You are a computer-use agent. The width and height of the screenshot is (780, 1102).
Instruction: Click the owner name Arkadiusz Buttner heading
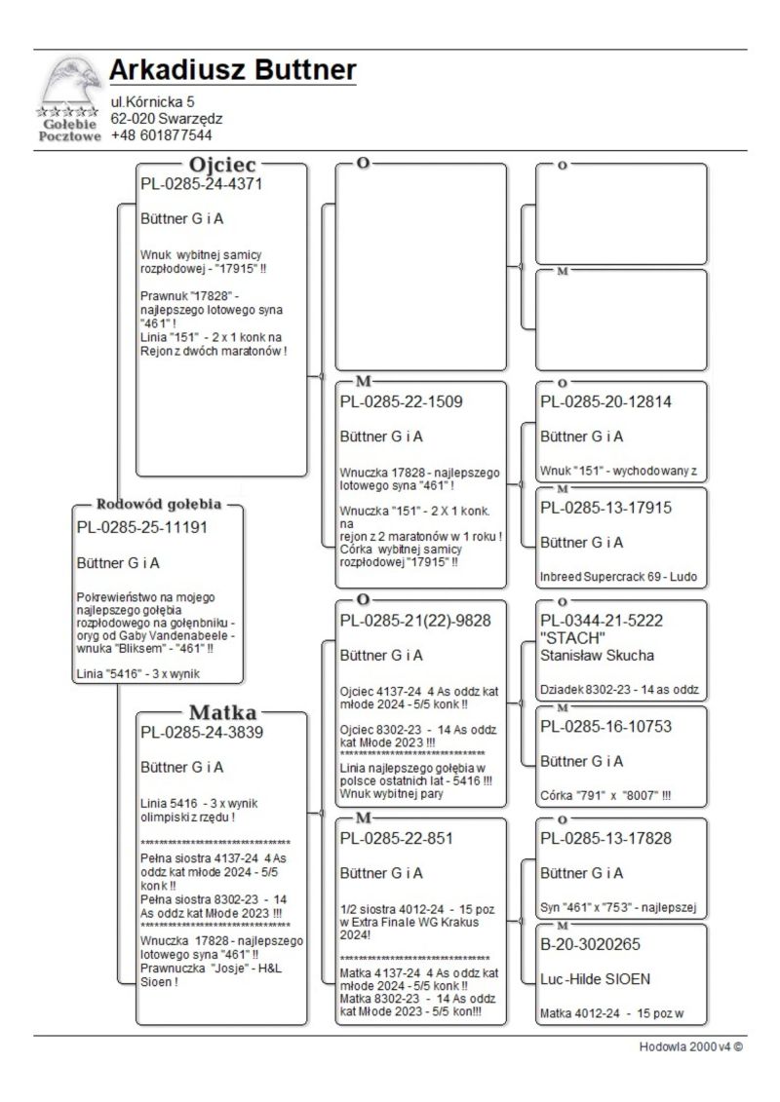point(232,71)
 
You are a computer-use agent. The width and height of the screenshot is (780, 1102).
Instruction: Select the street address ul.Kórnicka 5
point(152,101)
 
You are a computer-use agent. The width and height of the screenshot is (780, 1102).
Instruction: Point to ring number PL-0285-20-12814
point(605,400)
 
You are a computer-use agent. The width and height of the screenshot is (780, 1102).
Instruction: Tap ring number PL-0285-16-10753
point(605,726)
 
